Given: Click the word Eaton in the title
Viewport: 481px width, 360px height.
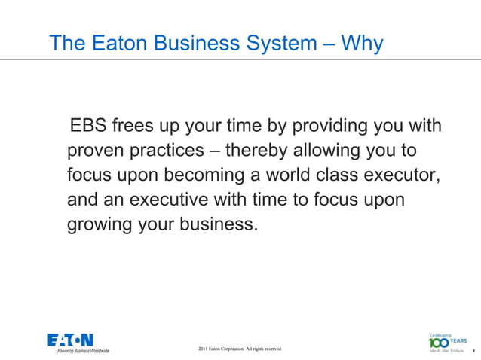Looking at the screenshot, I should click(x=124, y=44).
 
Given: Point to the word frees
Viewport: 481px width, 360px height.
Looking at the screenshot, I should click(x=135, y=124).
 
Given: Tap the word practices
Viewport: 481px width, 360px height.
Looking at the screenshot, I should click(x=166, y=150).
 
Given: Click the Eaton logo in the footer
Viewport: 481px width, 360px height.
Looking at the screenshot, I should click(x=70, y=340).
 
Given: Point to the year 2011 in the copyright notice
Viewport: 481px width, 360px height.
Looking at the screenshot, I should click(x=203, y=349).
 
